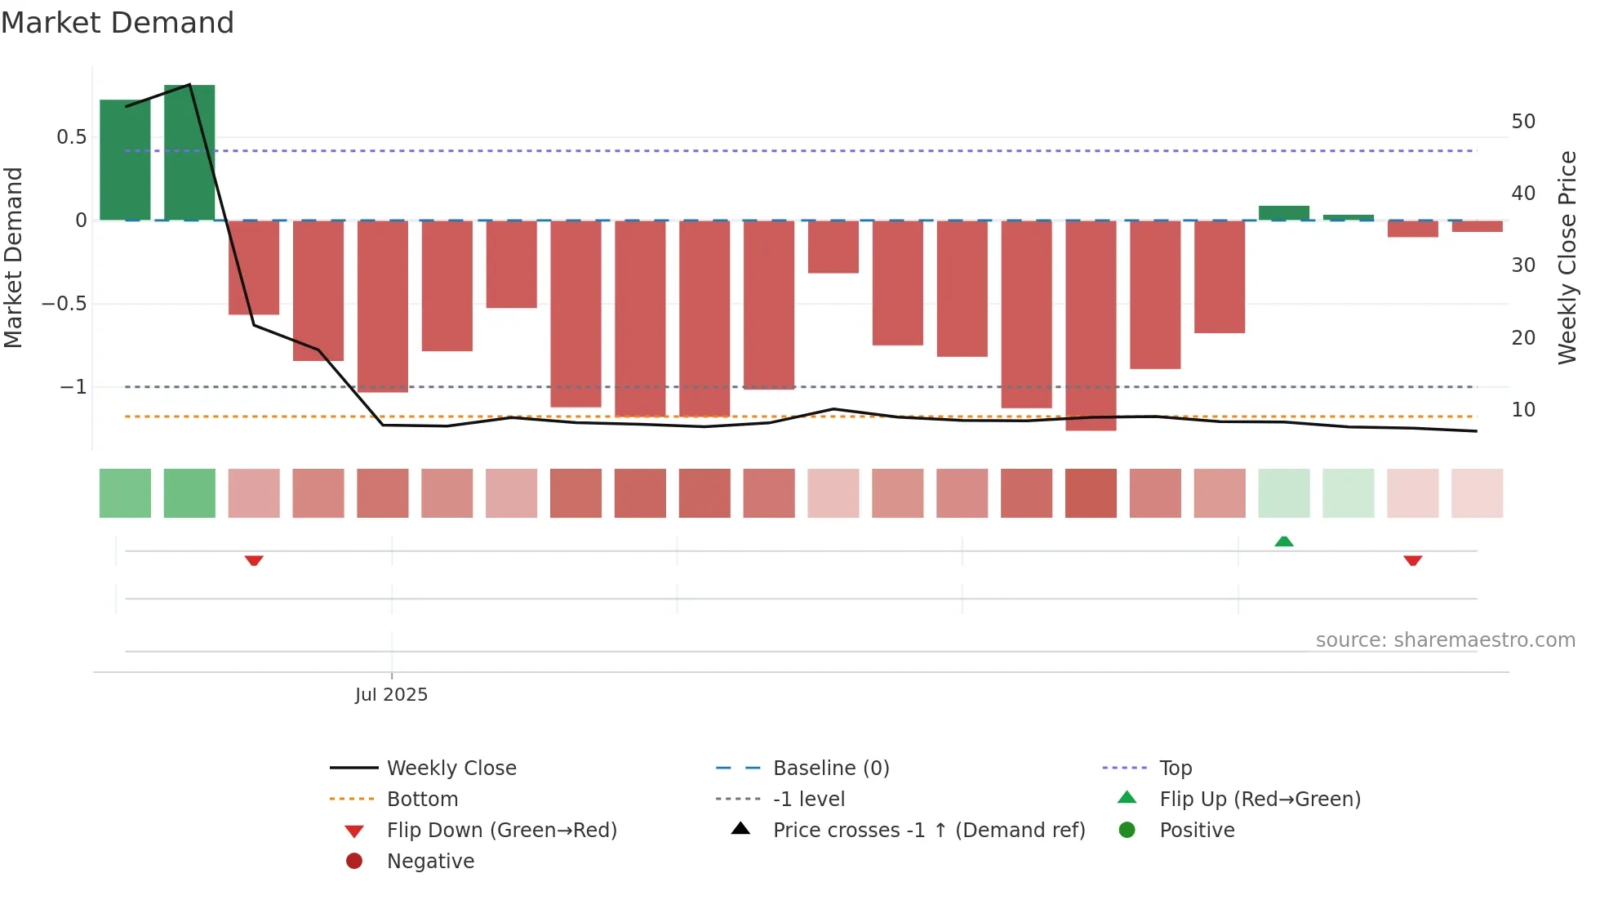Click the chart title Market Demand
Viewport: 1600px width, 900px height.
(x=117, y=23)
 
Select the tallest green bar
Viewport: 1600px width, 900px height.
(x=189, y=152)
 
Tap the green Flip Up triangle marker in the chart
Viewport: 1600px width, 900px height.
(x=1284, y=541)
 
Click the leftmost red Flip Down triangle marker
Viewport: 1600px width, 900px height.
(x=254, y=560)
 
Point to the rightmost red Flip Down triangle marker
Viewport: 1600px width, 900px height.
(x=1413, y=560)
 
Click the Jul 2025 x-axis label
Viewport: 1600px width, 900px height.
(x=391, y=695)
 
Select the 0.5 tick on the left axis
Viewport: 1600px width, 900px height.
(x=72, y=137)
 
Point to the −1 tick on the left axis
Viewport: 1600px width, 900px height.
(x=73, y=387)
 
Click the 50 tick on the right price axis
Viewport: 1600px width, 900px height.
(x=1523, y=122)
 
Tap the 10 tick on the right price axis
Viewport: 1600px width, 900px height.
(x=1523, y=410)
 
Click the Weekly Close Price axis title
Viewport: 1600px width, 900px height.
(x=1567, y=257)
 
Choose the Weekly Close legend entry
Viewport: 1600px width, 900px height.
(x=451, y=769)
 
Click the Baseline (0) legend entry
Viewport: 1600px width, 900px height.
(x=831, y=769)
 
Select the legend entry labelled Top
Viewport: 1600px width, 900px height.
(x=1176, y=769)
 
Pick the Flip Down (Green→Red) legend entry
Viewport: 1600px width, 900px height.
(x=501, y=831)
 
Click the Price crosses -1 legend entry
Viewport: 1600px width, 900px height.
(x=929, y=831)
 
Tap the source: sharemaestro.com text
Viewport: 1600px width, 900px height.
(x=1445, y=640)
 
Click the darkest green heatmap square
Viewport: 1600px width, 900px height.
(x=189, y=493)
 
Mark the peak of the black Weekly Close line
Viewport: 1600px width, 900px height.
(x=189, y=85)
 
